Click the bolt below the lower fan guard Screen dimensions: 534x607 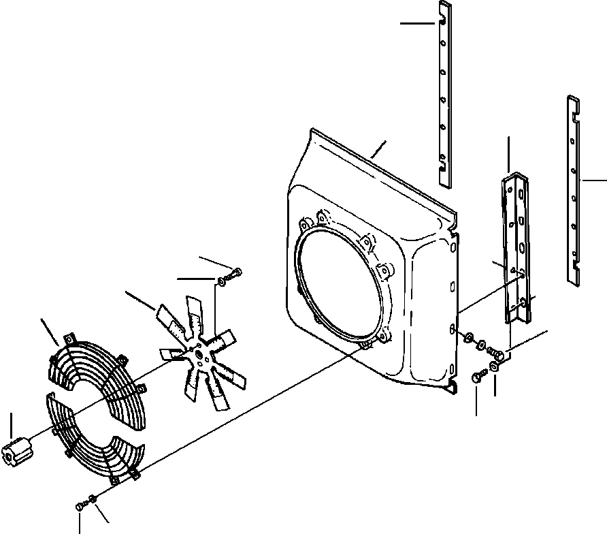(x=82, y=505)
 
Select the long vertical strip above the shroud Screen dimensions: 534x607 (x=444, y=95)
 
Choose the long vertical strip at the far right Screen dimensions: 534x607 (x=573, y=184)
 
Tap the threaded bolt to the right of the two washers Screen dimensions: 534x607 (x=497, y=354)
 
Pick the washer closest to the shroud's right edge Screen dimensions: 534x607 (x=469, y=338)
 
